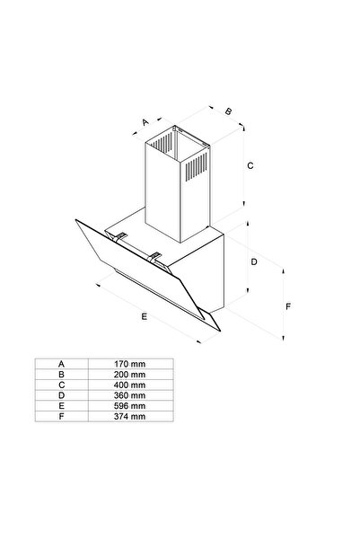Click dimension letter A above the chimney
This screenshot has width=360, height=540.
pyautogui.click(x=145, y=122)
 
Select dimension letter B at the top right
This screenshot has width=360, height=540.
pyautogui.click(x=228, y=111)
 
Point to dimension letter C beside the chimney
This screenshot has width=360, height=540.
pyautogui.click(x=250, y=165)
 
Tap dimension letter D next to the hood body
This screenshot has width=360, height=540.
pyautogui.click(x=254, y=262)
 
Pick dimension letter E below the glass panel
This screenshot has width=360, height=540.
pyautogui.click(x=144, y=316)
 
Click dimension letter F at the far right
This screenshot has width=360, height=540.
pyautogui.click(x=288, y=306)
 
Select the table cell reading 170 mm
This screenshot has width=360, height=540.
pyautogui.click(x=129, y=364)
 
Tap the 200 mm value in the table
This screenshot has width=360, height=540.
pyautogui.click(x=129, y=375)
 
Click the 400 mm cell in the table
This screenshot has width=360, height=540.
pyautogui.click(x=129, y=385)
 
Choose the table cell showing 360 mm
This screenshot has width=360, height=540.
pyautogui.click(x=129, y=395)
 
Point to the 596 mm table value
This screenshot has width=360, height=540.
pyautogui.click(x=129, y=406)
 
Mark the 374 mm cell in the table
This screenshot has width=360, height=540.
pyautogui.click(x=129, y=416)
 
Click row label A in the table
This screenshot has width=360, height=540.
pyautogui.click(x=61, y=364)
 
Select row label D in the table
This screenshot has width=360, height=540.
pyautogui.click(x=61, y=395)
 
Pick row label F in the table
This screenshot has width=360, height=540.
pyautogui.click(x=61, y=416)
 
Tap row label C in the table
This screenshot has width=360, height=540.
pyautogui.click(x=61, y=385)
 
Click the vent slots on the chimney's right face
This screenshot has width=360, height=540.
pyautogui.click(x=197, y=167)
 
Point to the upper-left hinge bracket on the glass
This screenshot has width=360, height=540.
pyautogui.click(x=119, y=237)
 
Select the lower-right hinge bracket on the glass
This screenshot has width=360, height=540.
pyautogui.click(x=155, y=258)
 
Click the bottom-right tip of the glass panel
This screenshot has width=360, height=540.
pyautogui.click(x=220, y=331)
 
